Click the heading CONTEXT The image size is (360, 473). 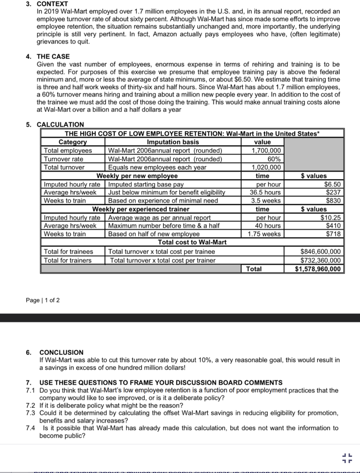tap(52, 4)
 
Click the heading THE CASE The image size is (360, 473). tap(53, 57)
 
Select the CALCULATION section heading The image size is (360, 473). tap(60, 125)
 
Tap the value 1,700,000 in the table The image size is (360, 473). tap(266, 151)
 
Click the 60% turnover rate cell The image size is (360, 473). tap(274, 159)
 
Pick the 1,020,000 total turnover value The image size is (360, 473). tap(266, 167)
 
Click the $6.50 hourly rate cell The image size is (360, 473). tap(332, 184)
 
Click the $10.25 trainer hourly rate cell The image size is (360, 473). tap(330, 217)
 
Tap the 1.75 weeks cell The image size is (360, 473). tap(264, 234)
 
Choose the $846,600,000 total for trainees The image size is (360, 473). tap(320, 251)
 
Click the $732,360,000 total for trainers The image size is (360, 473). tap(320, 260)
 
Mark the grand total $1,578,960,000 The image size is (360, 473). tap(317, 269)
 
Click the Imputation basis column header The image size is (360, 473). tap(173, 142)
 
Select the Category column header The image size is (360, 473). tap(72, 142)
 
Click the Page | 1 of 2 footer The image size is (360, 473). tap(43, 300)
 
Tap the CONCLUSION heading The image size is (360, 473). tap(61, 353)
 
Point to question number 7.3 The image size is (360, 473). tap(30, 413)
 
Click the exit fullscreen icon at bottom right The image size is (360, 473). tap(347, 458)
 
